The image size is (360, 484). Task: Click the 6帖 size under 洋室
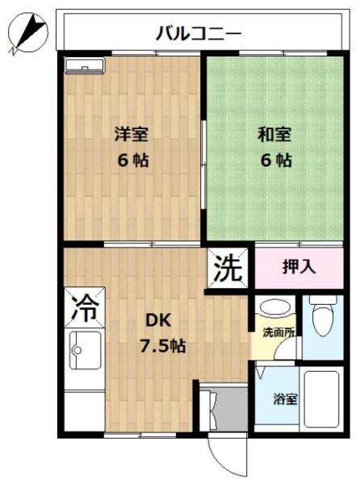[129, 159]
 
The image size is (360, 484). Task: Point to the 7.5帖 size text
[165, 346]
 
